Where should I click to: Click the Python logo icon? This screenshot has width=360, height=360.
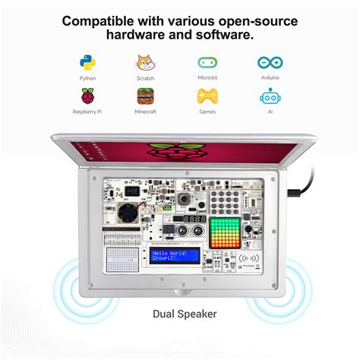coord(87,62)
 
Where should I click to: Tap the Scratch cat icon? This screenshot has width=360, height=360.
coord(145,62)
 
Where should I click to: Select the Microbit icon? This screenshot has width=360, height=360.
coord(207,62)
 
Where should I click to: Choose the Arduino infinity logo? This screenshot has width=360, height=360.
coord(270,62)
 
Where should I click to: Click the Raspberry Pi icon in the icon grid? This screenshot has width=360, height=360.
coord(87,96)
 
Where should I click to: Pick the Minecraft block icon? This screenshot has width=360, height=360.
coord(145,96)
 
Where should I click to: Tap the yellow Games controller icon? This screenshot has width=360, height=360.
coord(207,96)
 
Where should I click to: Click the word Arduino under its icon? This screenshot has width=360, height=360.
coord(270,78)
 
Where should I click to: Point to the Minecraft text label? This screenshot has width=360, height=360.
coord(145,112)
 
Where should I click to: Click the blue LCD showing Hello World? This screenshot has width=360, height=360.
coord(174,255)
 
